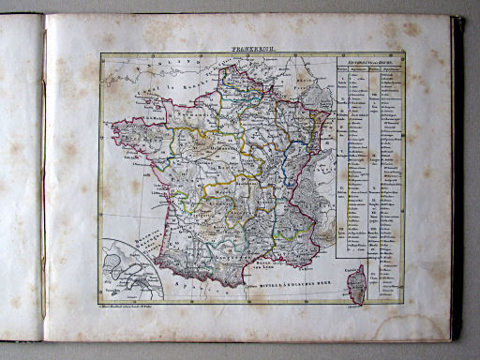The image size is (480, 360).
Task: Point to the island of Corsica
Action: [x=356, y=282]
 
